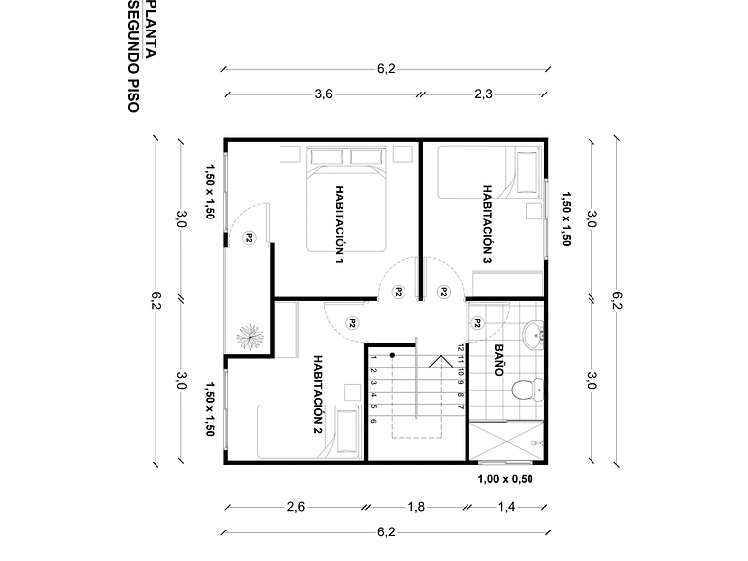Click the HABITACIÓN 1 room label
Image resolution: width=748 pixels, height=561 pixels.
click(x=339, y=225)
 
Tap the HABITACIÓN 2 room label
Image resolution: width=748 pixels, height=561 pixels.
click(x=318, y=395)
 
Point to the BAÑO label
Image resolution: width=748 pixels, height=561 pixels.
click(x=498, y=361)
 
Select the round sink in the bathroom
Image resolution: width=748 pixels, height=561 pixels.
click(x=534, y=335)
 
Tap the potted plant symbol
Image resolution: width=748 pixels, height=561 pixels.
click(x=249, y=335)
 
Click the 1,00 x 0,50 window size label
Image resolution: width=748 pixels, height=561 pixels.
click(x=505, y=479)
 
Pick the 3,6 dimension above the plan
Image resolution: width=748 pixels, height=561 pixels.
click(x=323, y=94)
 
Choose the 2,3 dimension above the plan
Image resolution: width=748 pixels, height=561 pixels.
click(x=483, y=94)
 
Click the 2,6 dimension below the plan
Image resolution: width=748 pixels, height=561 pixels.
click(x=295, y=507)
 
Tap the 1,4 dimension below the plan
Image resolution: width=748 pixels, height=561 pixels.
click(x=505, y=507)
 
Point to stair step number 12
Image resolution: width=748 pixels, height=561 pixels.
click(x=460, y=346)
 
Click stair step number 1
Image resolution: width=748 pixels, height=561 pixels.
click(x=374, y=358)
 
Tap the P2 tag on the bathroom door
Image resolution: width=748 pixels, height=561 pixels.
click(x=477, y=322)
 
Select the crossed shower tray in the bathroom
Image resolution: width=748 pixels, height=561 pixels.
click(x=507, y=442)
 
